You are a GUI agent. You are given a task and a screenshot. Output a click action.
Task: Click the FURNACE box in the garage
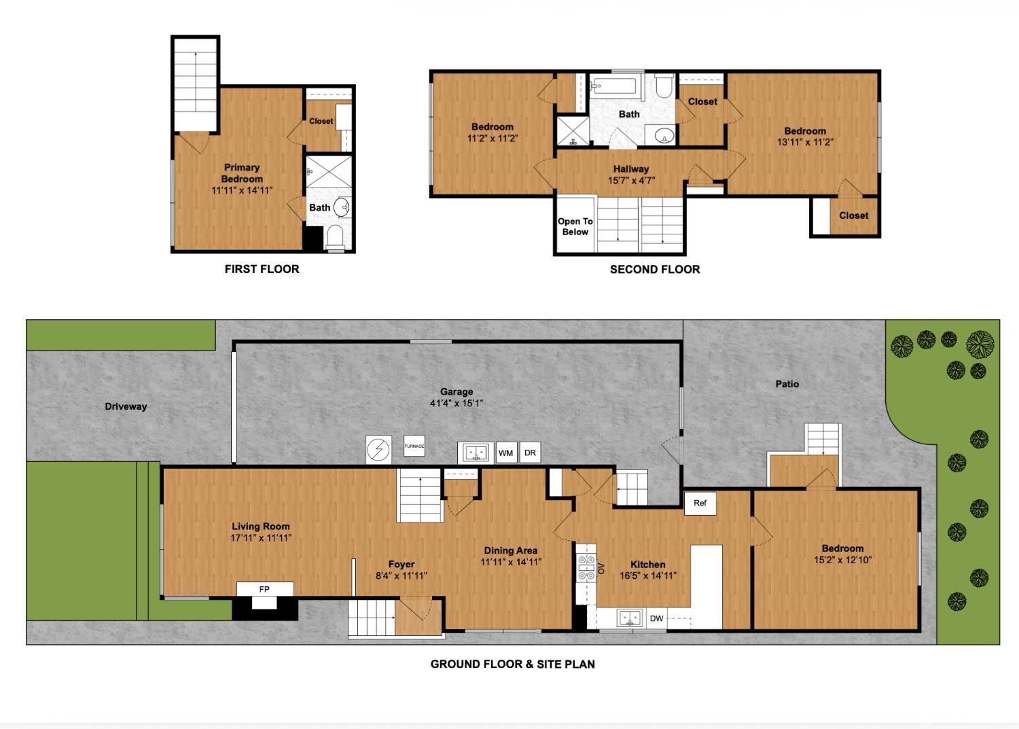pyautogui.click(x=414, y=446)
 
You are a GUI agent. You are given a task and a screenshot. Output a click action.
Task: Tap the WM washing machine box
pyautogui.click(x=506, y=453)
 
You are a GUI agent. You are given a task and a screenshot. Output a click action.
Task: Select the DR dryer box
pyautogui.click(x=530, y=453)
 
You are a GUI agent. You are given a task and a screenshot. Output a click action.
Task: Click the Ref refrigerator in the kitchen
pyautogui.click(x=700, y=503)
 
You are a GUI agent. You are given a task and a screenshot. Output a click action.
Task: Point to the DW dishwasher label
pyautogui.click(x=656, y=618)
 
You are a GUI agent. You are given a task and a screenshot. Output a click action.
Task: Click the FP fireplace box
pyautogui.click(x=264, y=589)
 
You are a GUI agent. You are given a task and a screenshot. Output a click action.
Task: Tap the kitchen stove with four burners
pyautogui.click(x=586, y=568)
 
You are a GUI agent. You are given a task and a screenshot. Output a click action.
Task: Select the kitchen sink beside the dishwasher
pyautogui.click(x=630, y=618)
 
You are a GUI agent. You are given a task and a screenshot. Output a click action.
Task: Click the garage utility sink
pyautogui.click(x=476, y=452)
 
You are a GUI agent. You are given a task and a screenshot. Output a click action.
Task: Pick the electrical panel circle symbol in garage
pyautogui.click(x=378, y=450)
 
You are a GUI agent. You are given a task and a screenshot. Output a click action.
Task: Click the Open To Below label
pyautogui.click(x=575, y=227)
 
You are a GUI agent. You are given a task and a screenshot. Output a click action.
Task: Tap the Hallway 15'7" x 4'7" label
pyautogui.click(x=631, y=175)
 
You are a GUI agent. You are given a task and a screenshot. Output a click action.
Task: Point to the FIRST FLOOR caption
pyautogui.click(x=262, y=269)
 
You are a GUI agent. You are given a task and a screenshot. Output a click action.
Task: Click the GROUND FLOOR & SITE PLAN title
pyautogui.click(x=512, y=664)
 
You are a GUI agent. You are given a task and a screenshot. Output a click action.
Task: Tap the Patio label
pyautogui.click(x=787, y=384)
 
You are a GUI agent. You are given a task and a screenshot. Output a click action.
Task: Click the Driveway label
pyautogui.click(x=126, y=406)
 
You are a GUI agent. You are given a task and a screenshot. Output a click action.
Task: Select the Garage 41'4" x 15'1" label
pyautogui.click(x=456, y=397)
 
